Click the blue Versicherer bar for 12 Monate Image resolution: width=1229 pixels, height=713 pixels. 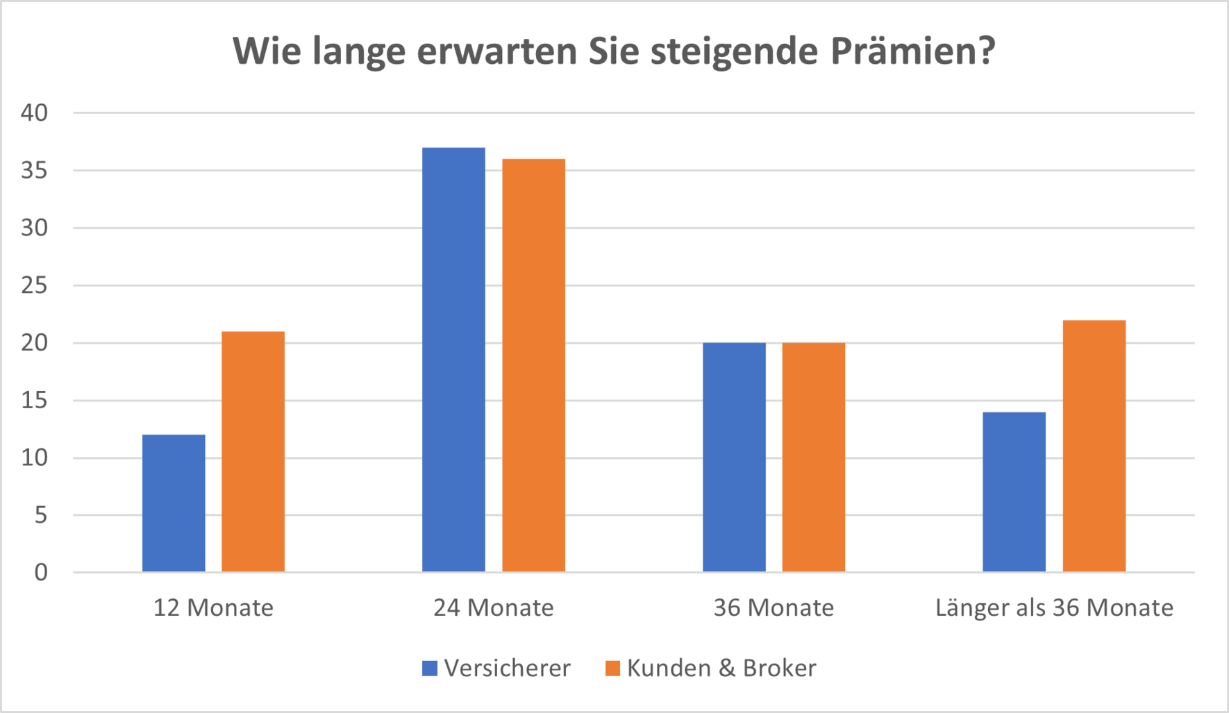(x=174, y=503)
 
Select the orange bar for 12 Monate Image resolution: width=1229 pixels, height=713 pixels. (x=253, y=452)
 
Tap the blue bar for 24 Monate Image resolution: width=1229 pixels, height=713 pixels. (x=453, y=360)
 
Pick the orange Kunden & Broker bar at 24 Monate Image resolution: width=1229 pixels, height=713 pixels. (x=533, y=365)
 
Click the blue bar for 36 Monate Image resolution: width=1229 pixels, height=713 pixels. (x=734, y=458)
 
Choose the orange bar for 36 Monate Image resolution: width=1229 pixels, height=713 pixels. (x=813, y=458)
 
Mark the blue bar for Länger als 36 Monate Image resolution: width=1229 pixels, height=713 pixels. (x=1014, y=492)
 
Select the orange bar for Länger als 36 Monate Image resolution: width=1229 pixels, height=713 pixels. (x=1094, y=446)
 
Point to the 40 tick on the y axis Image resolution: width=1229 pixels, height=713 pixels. (x=34, y=112)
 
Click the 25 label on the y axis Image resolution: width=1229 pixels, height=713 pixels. (x=34, y=285)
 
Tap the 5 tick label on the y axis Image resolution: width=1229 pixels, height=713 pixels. (x=41, y=515)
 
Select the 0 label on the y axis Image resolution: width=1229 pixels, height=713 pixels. (x=41, y=573)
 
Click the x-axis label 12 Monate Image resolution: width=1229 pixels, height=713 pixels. (x=213, y=608)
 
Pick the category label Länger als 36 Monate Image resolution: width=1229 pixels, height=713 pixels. (x=1054, y=608)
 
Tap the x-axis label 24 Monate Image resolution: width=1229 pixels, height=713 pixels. (x=494, y=608)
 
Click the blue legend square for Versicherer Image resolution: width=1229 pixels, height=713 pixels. (x=430, y=669)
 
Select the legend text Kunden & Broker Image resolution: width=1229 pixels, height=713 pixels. (x=721, y=668)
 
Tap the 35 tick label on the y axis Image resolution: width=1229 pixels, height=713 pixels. (x=34, y=170)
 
